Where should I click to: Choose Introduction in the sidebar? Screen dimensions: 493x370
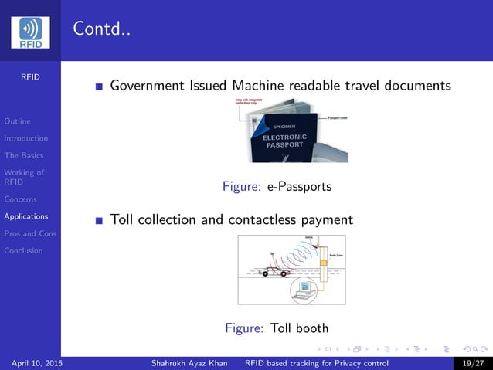[25, 138]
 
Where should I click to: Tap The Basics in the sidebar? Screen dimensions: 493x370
[23, 155]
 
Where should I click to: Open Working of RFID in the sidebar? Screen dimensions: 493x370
[23, 178]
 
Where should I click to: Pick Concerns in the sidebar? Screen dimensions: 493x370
[20, 199]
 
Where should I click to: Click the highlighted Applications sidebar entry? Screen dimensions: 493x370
[25, 216]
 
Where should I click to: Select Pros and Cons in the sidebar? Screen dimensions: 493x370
[29, 233]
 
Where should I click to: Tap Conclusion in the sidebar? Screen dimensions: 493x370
[23, 250]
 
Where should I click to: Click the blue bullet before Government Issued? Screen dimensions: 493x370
[99, 87]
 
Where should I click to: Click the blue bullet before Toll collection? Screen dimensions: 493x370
[99, 221]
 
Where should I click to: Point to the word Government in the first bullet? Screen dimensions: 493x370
[148, 86]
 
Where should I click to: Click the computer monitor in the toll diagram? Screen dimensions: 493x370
[304, 288]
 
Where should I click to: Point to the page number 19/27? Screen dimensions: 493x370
[472, 363]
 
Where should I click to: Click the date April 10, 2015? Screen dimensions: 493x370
[38, 363]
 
